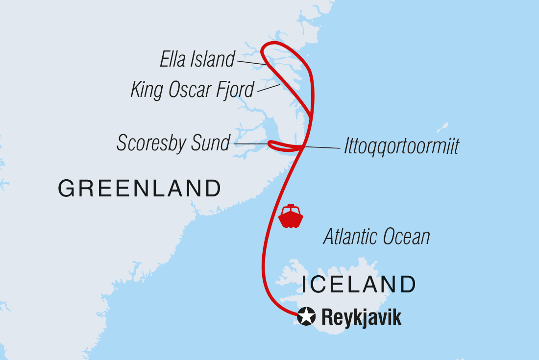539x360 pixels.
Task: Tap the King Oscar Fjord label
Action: coord(193,90)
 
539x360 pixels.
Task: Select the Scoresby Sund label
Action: coord(173,143)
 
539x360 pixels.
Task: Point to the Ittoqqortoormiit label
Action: coord(402,146)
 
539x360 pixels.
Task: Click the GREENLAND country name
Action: coord(140,189)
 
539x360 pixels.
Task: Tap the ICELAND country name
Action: coord(359,285)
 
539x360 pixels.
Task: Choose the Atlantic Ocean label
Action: coord(377,237)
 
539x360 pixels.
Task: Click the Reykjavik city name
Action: coord(362,317)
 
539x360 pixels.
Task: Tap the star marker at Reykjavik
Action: coord(306,317)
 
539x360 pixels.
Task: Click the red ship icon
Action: coord(291,216)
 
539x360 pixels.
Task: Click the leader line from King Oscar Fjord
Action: coord(269,88)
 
